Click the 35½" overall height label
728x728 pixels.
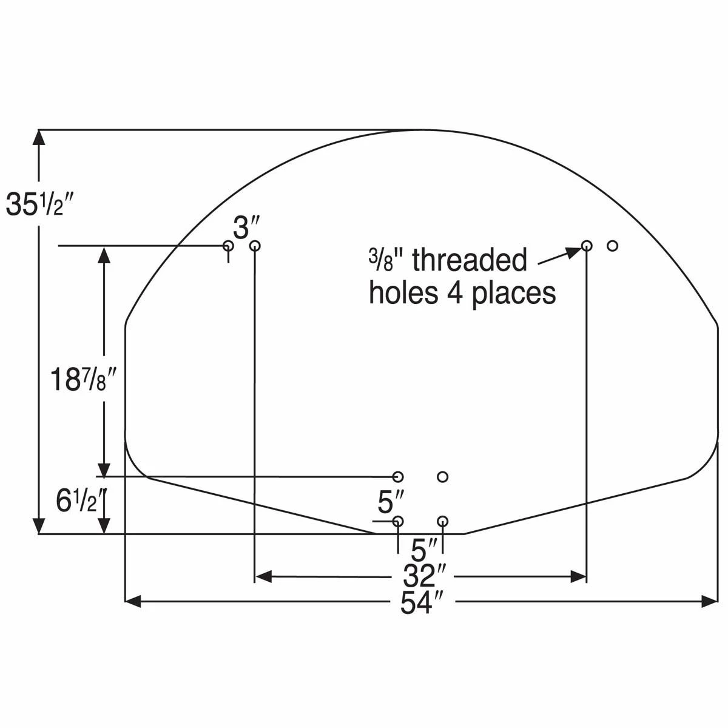(x=39, y=204)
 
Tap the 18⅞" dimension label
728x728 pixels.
(x=82, y=380)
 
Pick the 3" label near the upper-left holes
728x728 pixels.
(x=246, y=229)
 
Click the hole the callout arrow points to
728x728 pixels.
(x=586, y=246)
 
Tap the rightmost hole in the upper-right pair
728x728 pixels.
(x=612, y=246)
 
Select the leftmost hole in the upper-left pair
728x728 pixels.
(x=228, y=246)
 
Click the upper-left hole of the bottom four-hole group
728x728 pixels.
(x=398, y=476)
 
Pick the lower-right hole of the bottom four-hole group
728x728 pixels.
(x=442, y=521)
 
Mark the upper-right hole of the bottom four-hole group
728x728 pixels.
(x=442, y=476)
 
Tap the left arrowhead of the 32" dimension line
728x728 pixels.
(x=263, y=576)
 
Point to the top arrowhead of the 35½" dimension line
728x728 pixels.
(x=40, y=138)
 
